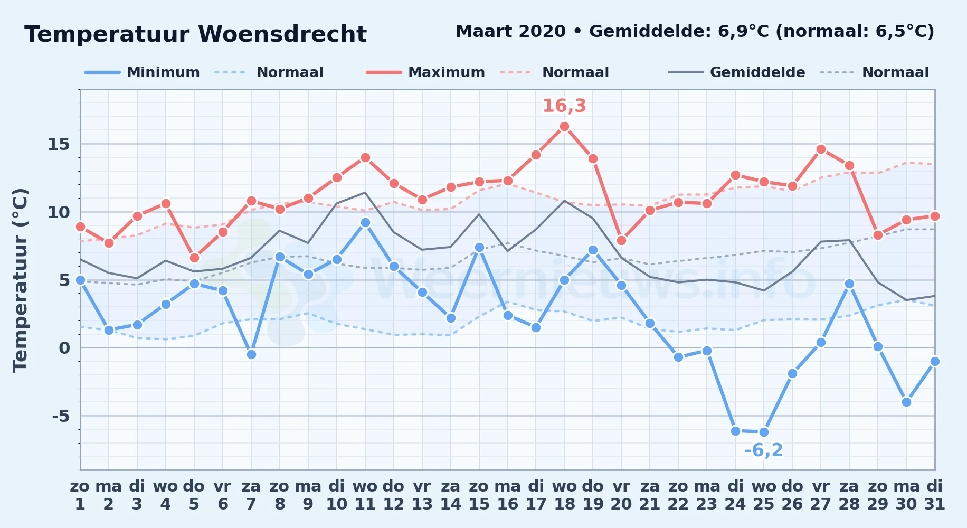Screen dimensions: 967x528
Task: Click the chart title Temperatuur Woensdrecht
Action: click(x=195, y=34)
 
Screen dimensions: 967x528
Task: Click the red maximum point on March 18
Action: click(x=564, y=126)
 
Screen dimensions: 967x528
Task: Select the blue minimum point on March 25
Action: click(x=764, y=432)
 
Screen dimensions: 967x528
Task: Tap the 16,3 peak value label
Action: click(x=564, y=106)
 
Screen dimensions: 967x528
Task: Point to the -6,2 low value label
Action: click(x=764, y=450)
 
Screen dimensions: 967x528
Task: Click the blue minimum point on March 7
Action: click(x=251, y=354)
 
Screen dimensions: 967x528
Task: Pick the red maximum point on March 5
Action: click(x=194, y=258)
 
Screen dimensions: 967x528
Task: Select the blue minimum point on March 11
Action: click(x=365, y=222)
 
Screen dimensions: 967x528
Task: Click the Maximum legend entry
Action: click(x=425, y=72)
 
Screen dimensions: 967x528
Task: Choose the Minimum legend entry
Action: click(x=142, y=72)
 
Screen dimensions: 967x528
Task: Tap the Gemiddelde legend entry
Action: click(x=736, y=72)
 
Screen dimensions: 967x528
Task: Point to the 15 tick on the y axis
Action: click(x=59, y=144)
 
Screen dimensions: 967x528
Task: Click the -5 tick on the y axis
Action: click(x=61, y=416)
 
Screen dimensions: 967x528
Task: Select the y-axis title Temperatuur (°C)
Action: click(x=20, y=280)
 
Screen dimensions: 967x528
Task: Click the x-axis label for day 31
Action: click(x=934, y=495)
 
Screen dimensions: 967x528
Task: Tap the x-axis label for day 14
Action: click(x=450, y=495)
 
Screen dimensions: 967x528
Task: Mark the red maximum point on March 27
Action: click(x=821, y=149)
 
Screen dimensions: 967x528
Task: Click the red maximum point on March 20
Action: click(x=621, y=240)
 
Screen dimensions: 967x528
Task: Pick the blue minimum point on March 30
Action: click(x=906, y=402)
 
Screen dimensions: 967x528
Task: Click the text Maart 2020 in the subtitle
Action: click(x=510, y=32)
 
